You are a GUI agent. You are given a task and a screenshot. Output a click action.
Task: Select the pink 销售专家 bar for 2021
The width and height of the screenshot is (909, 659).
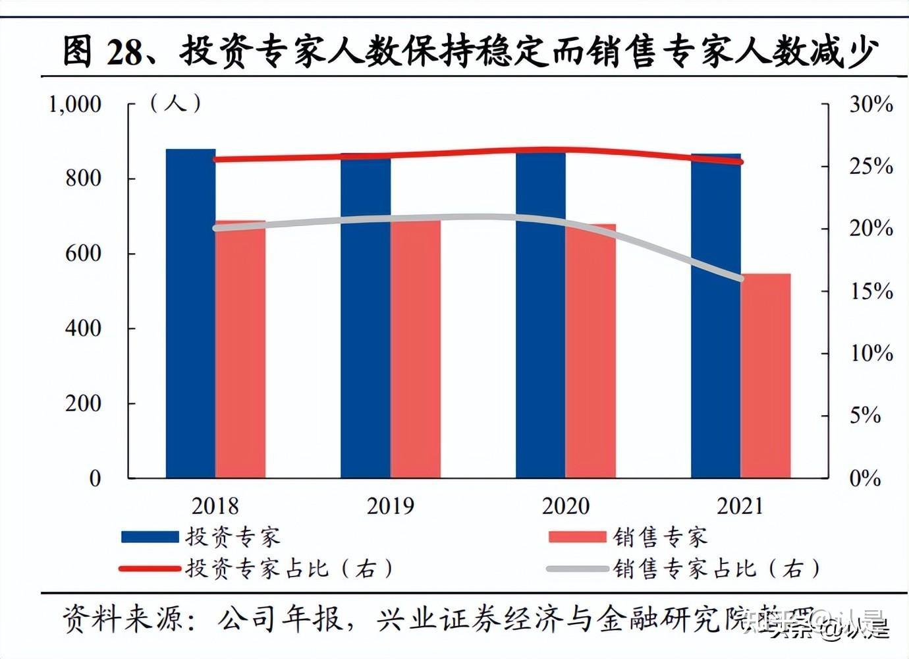765,376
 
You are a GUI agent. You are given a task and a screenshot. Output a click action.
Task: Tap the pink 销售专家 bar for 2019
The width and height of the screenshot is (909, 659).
415,349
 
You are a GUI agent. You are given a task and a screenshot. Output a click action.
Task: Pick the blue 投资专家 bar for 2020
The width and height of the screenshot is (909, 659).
540,316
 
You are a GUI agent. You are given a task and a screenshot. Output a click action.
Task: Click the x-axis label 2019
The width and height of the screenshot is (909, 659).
390,506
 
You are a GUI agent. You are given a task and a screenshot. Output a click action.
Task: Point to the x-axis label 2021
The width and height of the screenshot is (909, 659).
740,506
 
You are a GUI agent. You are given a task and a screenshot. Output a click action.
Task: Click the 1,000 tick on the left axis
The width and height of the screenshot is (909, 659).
75,104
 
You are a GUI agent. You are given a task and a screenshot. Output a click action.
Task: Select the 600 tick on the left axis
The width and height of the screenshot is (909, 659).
83,254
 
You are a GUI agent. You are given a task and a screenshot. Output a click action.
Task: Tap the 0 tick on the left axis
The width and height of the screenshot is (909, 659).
95,478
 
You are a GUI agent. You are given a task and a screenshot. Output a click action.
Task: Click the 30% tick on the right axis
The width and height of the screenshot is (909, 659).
871,104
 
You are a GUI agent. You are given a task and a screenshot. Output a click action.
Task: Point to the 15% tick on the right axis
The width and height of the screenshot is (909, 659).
871,291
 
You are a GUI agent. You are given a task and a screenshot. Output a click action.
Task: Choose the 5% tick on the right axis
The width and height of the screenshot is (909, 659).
865,416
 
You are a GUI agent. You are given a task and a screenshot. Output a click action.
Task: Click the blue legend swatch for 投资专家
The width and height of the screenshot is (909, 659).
150,536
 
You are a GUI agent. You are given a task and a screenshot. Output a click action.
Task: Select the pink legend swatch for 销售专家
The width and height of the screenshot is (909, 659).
577,536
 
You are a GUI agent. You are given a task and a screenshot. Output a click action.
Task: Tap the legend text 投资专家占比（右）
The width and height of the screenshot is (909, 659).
290,568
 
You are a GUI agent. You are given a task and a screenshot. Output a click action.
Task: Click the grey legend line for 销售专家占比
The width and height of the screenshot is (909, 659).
577,568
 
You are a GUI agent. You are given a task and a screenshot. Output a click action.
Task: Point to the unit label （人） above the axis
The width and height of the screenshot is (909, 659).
175,103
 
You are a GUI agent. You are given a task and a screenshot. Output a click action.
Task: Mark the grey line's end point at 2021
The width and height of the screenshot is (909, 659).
740,278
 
